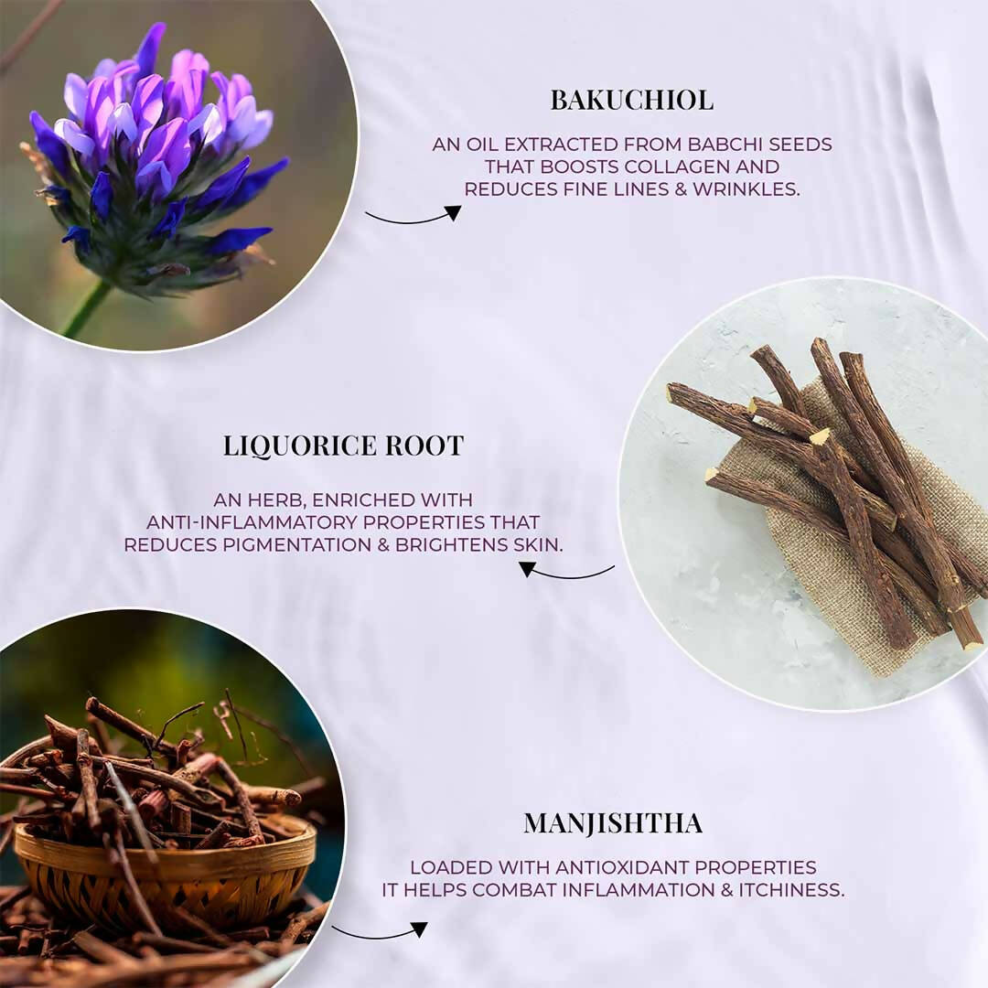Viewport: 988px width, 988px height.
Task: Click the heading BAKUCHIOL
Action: pos(631,101)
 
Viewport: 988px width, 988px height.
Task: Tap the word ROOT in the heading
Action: pos(424,446)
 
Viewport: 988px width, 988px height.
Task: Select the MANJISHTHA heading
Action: pos(613,823)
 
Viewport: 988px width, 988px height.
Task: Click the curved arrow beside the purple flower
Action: pos(413,216)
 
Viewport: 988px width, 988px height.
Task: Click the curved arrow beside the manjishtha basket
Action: pos(380,933)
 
